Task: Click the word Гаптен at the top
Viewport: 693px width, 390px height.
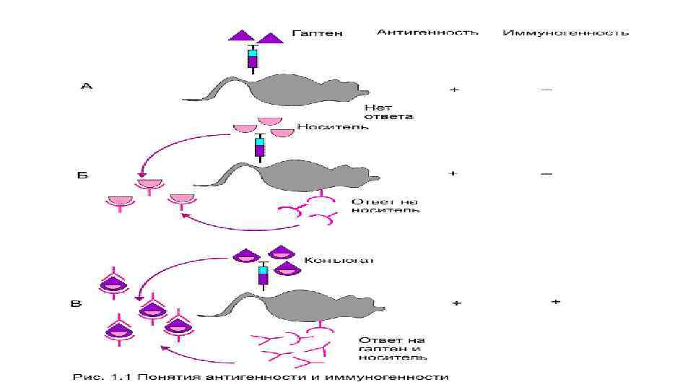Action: tap(318, 33)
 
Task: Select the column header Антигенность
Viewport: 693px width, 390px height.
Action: tap(427, 32)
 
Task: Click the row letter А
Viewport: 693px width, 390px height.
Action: tap(86, 87)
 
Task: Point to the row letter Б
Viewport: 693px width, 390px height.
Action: tap(83, 175)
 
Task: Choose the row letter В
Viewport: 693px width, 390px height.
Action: tap(75, 303)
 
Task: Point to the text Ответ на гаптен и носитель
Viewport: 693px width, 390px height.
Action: tap(391, 347)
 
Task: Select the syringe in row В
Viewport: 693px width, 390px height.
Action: tap(263, 275)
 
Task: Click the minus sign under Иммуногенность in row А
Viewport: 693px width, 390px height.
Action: tap(546, 90)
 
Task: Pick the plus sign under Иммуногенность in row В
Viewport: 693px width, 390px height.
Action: tap(555, 301)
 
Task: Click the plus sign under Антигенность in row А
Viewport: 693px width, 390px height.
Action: tap(454, 90)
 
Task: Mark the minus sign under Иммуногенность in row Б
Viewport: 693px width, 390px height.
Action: tap(546, 174)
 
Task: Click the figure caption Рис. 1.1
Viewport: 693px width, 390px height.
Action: tap(261, 377)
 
